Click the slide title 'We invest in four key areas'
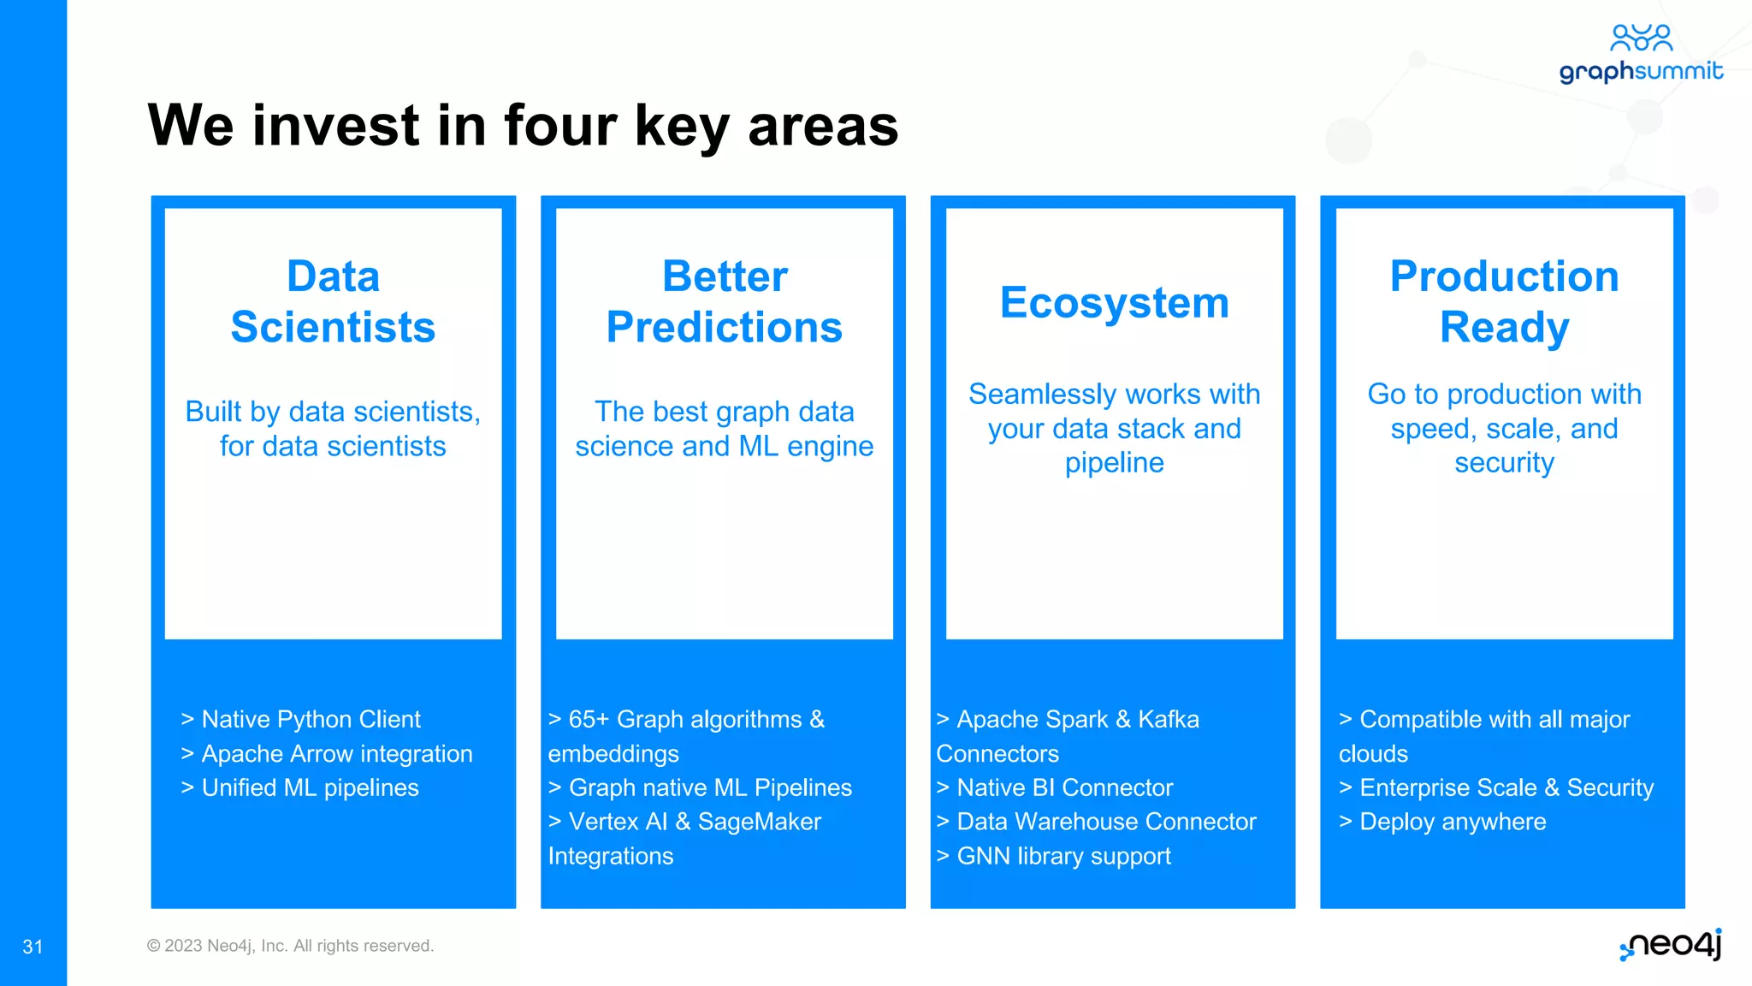(x=523, y=126)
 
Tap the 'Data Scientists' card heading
(x=333, y=301)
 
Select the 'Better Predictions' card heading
(x=725, y=301)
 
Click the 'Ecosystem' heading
(x=1115, y=303)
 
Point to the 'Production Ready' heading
(x=1504, y=301)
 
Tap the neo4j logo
(x=1671, y=945)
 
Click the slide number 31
(x=33, y=947)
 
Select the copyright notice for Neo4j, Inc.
(x=290, y=946)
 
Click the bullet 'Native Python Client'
(x=300, y=719)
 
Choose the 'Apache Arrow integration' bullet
(x=326, y=753)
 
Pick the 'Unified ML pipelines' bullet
(x=299, y=787)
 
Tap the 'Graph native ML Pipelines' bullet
(x=700, y=787)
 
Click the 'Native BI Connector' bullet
(x=1054, y=787)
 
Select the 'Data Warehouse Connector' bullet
(x=1096, y=822)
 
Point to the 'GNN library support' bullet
(x=1053, y=856)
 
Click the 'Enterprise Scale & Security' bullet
(x=1496, y=787)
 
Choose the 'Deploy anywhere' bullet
(x=1442, y=822)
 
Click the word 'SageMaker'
(x=760, y=822)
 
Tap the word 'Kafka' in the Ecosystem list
(x=1169, y=719)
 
